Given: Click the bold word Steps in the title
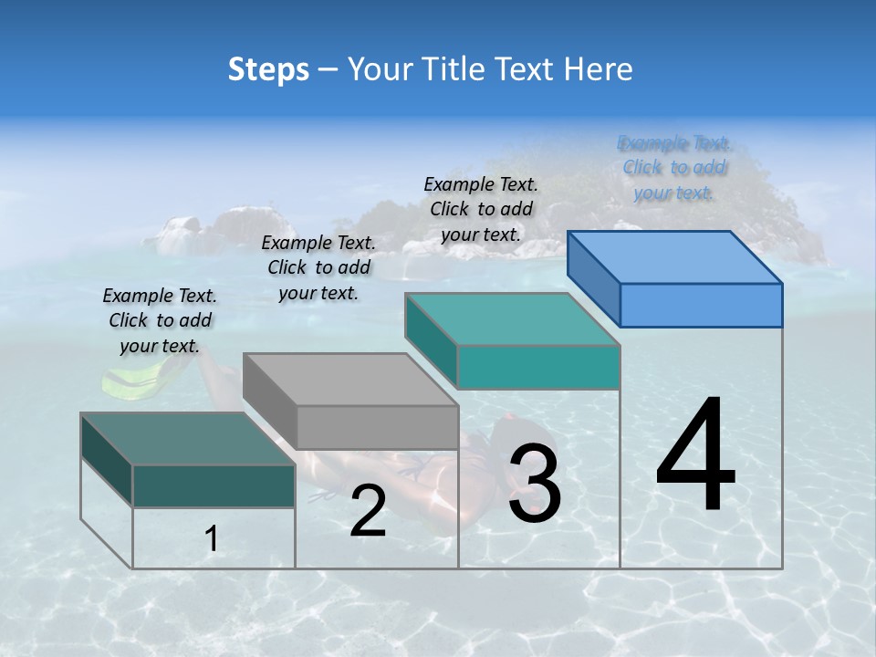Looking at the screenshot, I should pos(268,69).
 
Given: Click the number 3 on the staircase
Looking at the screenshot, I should pos(535,484).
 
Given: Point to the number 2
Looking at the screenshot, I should pos(368,512).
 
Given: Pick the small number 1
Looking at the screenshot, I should pos(212,539).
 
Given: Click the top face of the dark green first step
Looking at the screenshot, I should pos(188,439).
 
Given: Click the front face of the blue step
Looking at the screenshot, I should pos(701,305).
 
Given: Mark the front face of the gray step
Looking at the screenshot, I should pos(378,427).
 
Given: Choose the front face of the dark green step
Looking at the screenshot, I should pos(214,485).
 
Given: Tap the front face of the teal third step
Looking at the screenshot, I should pos(538,367).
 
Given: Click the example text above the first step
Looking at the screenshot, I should pos(160,320).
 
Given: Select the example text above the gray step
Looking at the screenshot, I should pos(318,267).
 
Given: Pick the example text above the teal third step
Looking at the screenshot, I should pos(481,209).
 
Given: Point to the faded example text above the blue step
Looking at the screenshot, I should pos(674,167).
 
